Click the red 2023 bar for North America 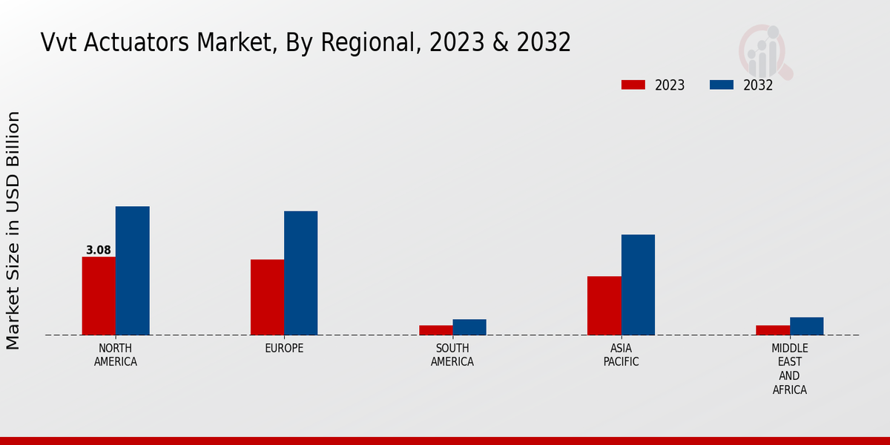[99, 296]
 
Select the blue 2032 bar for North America [133, 271]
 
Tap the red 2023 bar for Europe [267, 297]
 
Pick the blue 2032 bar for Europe [301, 273]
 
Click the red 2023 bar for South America [435, 330]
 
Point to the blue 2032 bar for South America [469, 327]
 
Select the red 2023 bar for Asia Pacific [604, 306]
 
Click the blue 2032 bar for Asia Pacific [638, 285]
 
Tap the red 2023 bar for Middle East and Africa [772, 330]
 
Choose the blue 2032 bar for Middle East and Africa [806, 326]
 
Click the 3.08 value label [99, 251]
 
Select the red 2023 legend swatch [633, 85]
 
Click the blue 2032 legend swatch [721, 85]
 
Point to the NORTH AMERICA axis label [116, 355]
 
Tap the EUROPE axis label [284, 349]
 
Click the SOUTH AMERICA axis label [452, 355]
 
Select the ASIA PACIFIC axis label [621, 355]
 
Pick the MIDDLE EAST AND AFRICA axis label [789, 369]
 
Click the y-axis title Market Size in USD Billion [13, 230]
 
